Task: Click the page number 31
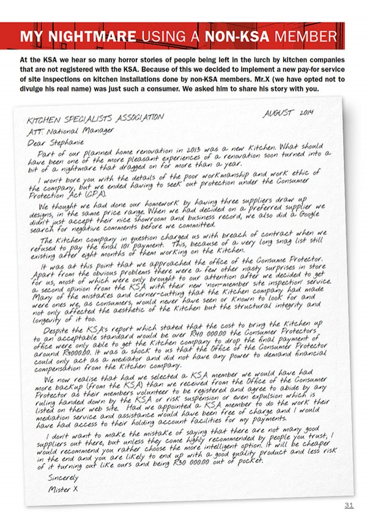pyautogui.click(x=349, y=504)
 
